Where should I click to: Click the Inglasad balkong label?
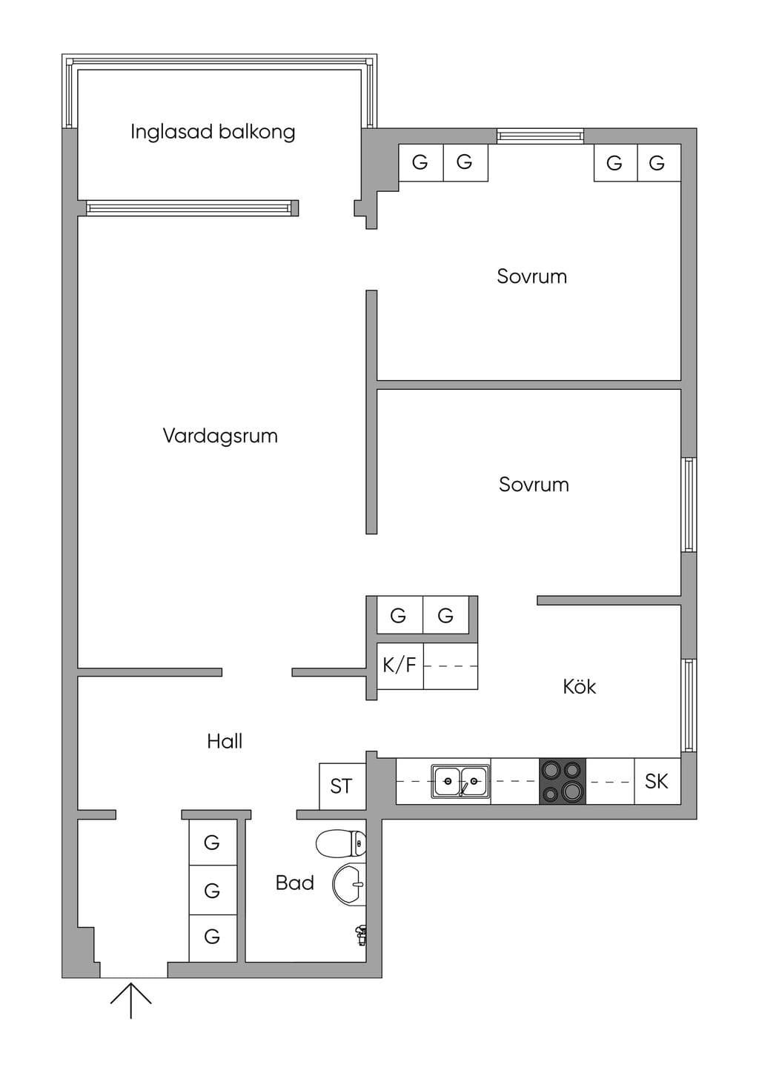[213, 132]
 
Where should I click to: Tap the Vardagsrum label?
[220, 436]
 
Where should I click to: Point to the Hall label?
[225, 742]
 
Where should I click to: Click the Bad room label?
[295, 883]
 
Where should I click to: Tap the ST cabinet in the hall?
[342, 786]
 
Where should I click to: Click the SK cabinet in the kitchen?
[657, 781]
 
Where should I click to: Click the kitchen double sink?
[460, 781]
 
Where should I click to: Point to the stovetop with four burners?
[563, 781]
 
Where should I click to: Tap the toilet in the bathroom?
[341, 844]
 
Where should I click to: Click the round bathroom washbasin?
[349, 885]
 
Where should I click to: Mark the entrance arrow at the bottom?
[130, 1000]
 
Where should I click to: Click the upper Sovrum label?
[532, 276]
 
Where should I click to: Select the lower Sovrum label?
[534, 485]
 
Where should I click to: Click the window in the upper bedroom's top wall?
[540, 136]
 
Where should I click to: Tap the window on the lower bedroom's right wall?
[689, 505]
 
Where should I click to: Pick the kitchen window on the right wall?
[689, 705]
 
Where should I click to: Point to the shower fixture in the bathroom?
[361, 935]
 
